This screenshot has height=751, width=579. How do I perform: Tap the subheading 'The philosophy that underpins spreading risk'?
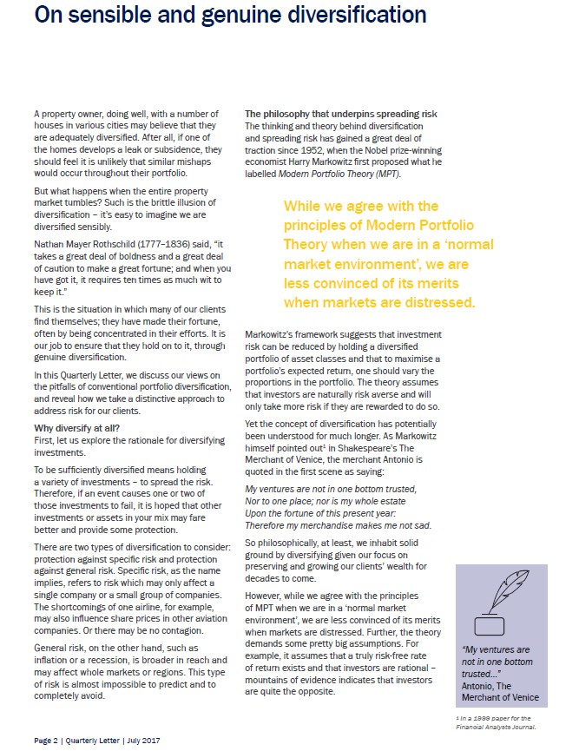pos(341,115)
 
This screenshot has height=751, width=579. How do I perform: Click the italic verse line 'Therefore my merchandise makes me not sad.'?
pos(338,525)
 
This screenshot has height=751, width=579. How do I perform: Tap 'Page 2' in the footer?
pos(50,740)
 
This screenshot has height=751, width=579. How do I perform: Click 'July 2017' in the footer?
pos(142,740)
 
